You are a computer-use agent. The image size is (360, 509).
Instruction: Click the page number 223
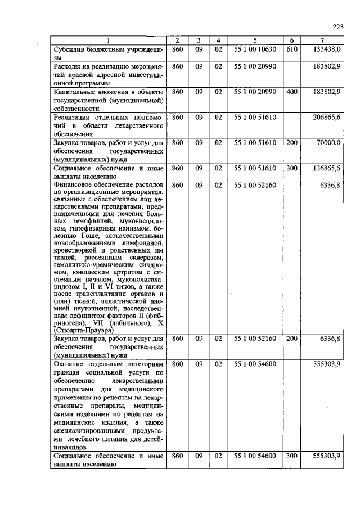coord(337,26)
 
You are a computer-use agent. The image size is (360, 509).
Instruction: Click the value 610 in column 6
coord(291,49)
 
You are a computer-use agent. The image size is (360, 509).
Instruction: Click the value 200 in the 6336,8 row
coord(291,339)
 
